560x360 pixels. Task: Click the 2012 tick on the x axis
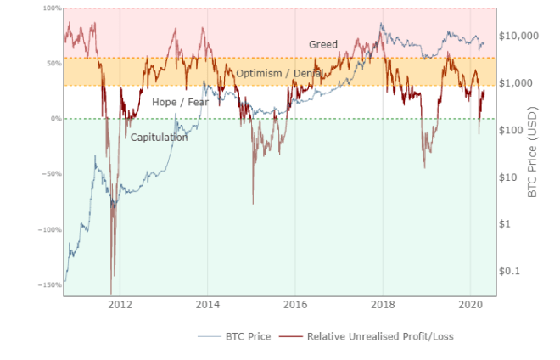pyautogui.click(x=120, y=303)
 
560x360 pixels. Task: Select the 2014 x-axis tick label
pyautogui.click(x=207, y=303)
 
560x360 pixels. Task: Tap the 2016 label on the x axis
pyautogui.click(x=295, y=303)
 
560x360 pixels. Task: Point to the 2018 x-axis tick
pyautogui.click(x=383, y=303)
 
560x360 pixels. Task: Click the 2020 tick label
pyautogui.click(x=471, y=303)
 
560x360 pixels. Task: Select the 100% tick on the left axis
pyautogui.click(x=52, y=8)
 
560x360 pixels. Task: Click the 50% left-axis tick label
pyautogui.click(x=53, y=64)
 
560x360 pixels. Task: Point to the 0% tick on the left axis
pyautogui.click(x=55, y=119)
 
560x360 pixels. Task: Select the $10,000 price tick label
pyautogui.click(x=518, y=37)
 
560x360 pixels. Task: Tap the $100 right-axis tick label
pyautogui.click(x=512, y=131)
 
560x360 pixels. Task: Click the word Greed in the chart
pyautogui.click(x=322, y=44)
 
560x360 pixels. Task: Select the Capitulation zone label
pyautogui.click(x=159, y=137)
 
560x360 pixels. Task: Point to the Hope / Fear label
pyautogui.click(x=180, y=103)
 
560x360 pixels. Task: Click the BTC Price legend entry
pyautogui.click(x=245, y=336)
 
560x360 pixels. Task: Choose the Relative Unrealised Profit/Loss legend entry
pyautogui.click(x=379, y=336)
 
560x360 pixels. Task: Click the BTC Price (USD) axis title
pyautogui.click(x=533, y=153)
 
